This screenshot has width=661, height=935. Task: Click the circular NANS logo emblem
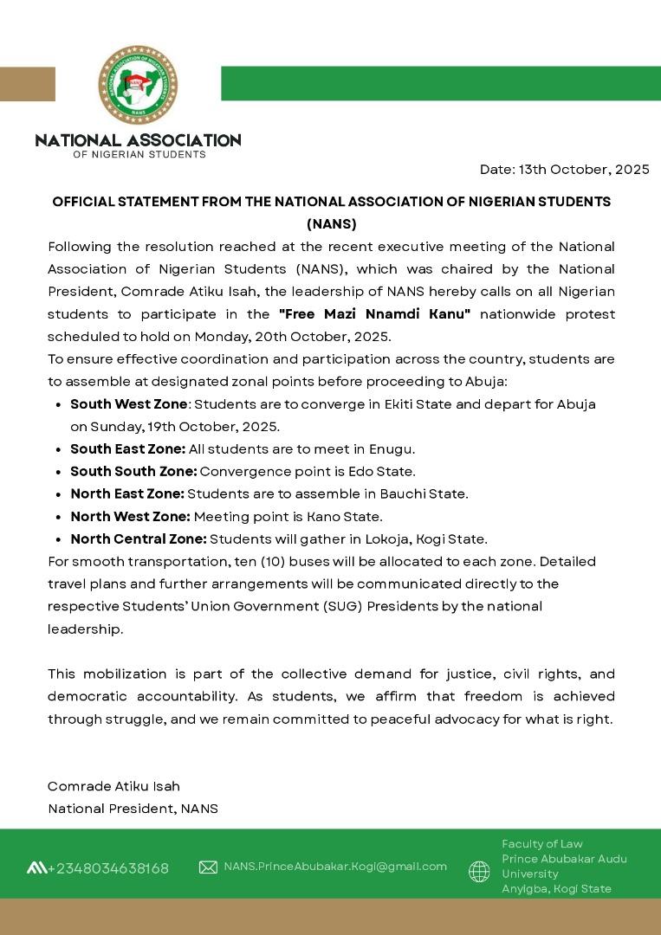[x=138, y=85]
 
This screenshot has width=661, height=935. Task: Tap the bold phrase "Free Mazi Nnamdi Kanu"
[x=374, y=314]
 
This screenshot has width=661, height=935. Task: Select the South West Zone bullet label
[x=128, y=404]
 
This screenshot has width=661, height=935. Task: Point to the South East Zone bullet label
[x=127, y=449]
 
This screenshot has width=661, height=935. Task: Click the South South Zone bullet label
[x=133, y=472]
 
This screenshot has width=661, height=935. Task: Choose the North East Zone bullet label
[x=127, y=494]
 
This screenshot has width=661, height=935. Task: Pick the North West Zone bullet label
[x=130, y=517]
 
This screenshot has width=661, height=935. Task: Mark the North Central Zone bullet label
[x=139, y=539]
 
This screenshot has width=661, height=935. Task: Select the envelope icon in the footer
[x=208, y=867]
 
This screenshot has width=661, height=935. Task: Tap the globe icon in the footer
[x=479, y=871]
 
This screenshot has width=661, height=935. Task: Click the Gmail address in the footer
[x=335, y=867]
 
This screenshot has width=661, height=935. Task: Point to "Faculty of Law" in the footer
[x=542, y=844]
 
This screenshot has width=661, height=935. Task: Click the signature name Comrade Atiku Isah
[x=113, y=787]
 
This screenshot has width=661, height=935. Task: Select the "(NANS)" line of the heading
[x=331, y=224]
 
